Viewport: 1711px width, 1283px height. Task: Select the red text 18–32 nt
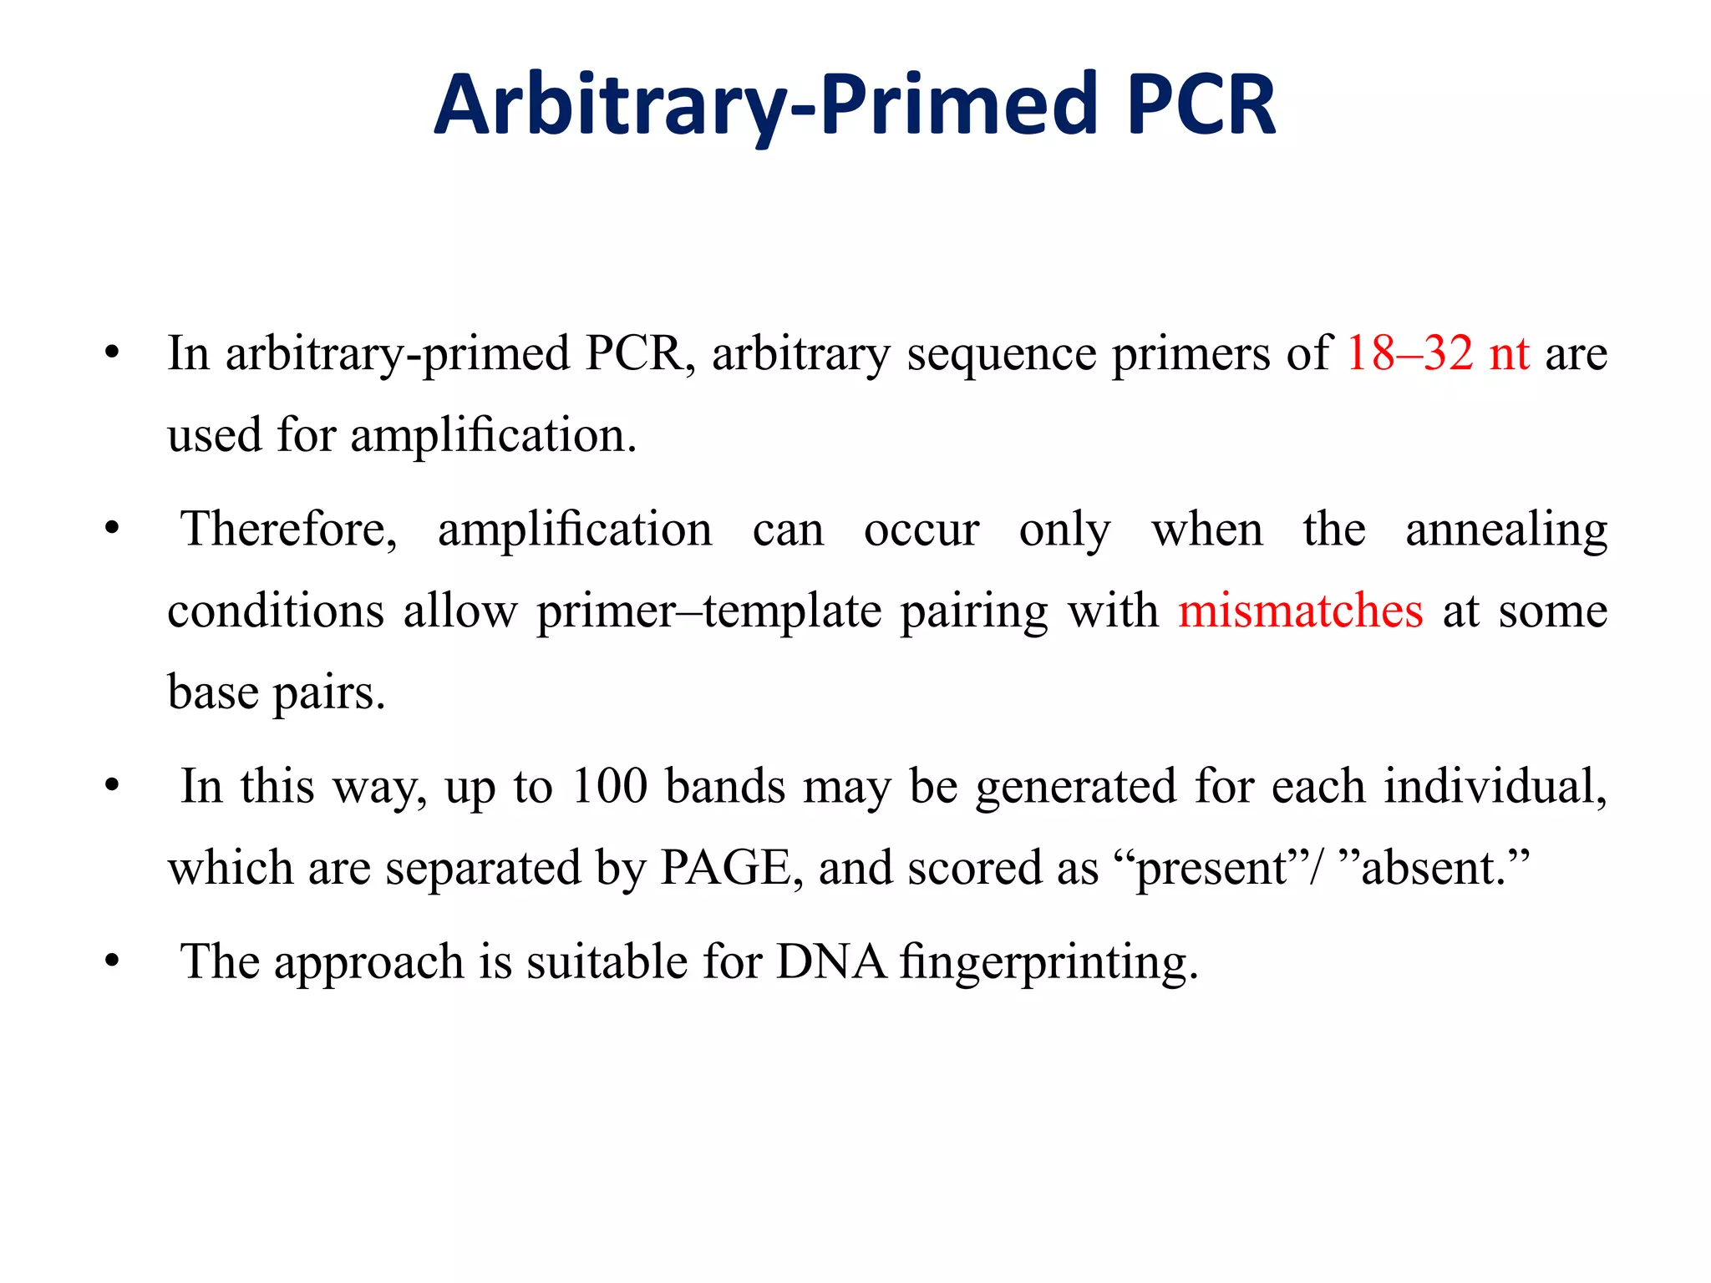(x=1437, y=353)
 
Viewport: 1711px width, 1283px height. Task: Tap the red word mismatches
(x=1300, y=611)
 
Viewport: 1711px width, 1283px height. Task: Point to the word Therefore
(x=289, y=530)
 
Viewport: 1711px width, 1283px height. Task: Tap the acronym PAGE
(x=725, y=868)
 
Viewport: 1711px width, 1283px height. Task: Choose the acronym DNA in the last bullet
(x=830, y=961)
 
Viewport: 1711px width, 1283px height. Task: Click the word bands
(x=725, y=786)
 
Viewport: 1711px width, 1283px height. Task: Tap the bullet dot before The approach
(x=112, y=961)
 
